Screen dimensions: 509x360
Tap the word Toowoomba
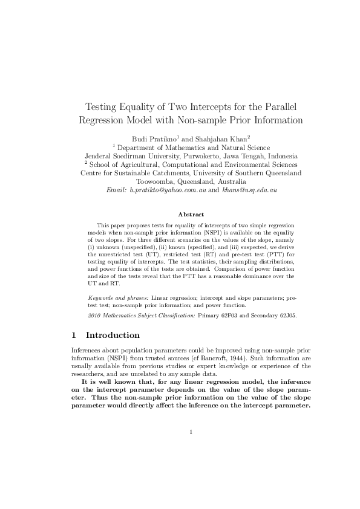coord(160,181)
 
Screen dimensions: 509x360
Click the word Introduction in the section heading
coord(113,335)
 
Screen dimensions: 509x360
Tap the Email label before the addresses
coord(116,190)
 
